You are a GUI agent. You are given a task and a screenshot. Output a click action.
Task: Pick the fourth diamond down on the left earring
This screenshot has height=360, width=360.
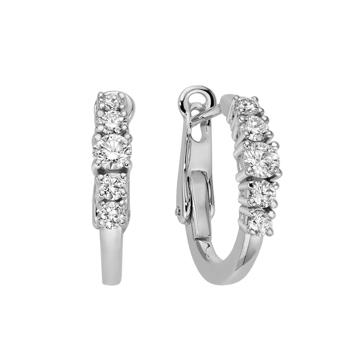pos(111,184)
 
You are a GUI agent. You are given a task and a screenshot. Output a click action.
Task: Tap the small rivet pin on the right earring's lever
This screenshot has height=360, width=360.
pos(180,210)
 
